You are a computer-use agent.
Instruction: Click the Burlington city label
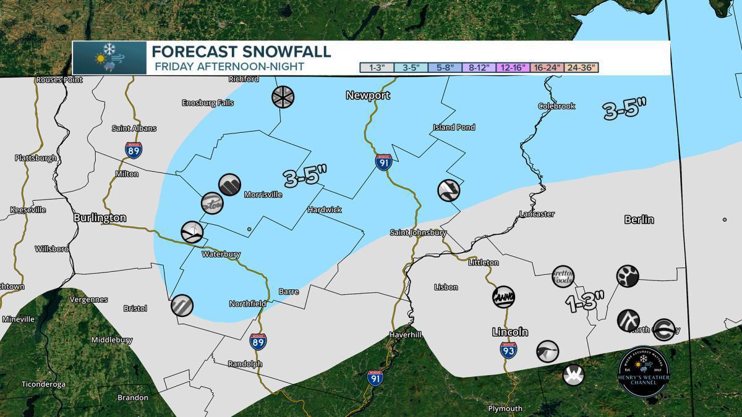pos(100,218)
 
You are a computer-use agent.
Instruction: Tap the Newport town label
pos(367,95)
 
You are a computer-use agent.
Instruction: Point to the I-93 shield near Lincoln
pos(508,350)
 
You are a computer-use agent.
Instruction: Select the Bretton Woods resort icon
pos(563,276)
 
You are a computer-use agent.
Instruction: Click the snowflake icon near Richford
pos(283,96)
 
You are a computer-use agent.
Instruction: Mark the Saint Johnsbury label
pos(418,233)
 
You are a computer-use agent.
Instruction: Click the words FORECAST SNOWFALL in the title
pos(241,51)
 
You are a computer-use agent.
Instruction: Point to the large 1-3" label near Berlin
pos(585,302)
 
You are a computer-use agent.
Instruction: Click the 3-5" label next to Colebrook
pos(625,109)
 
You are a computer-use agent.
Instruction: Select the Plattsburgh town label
pos(36,158)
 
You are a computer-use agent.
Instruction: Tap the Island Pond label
pos(453,127)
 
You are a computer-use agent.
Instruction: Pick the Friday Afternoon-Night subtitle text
pos(228,67)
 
